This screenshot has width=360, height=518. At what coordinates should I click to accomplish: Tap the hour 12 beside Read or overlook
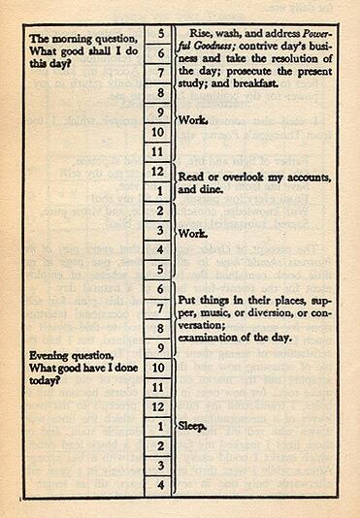[x=158, y=171]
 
